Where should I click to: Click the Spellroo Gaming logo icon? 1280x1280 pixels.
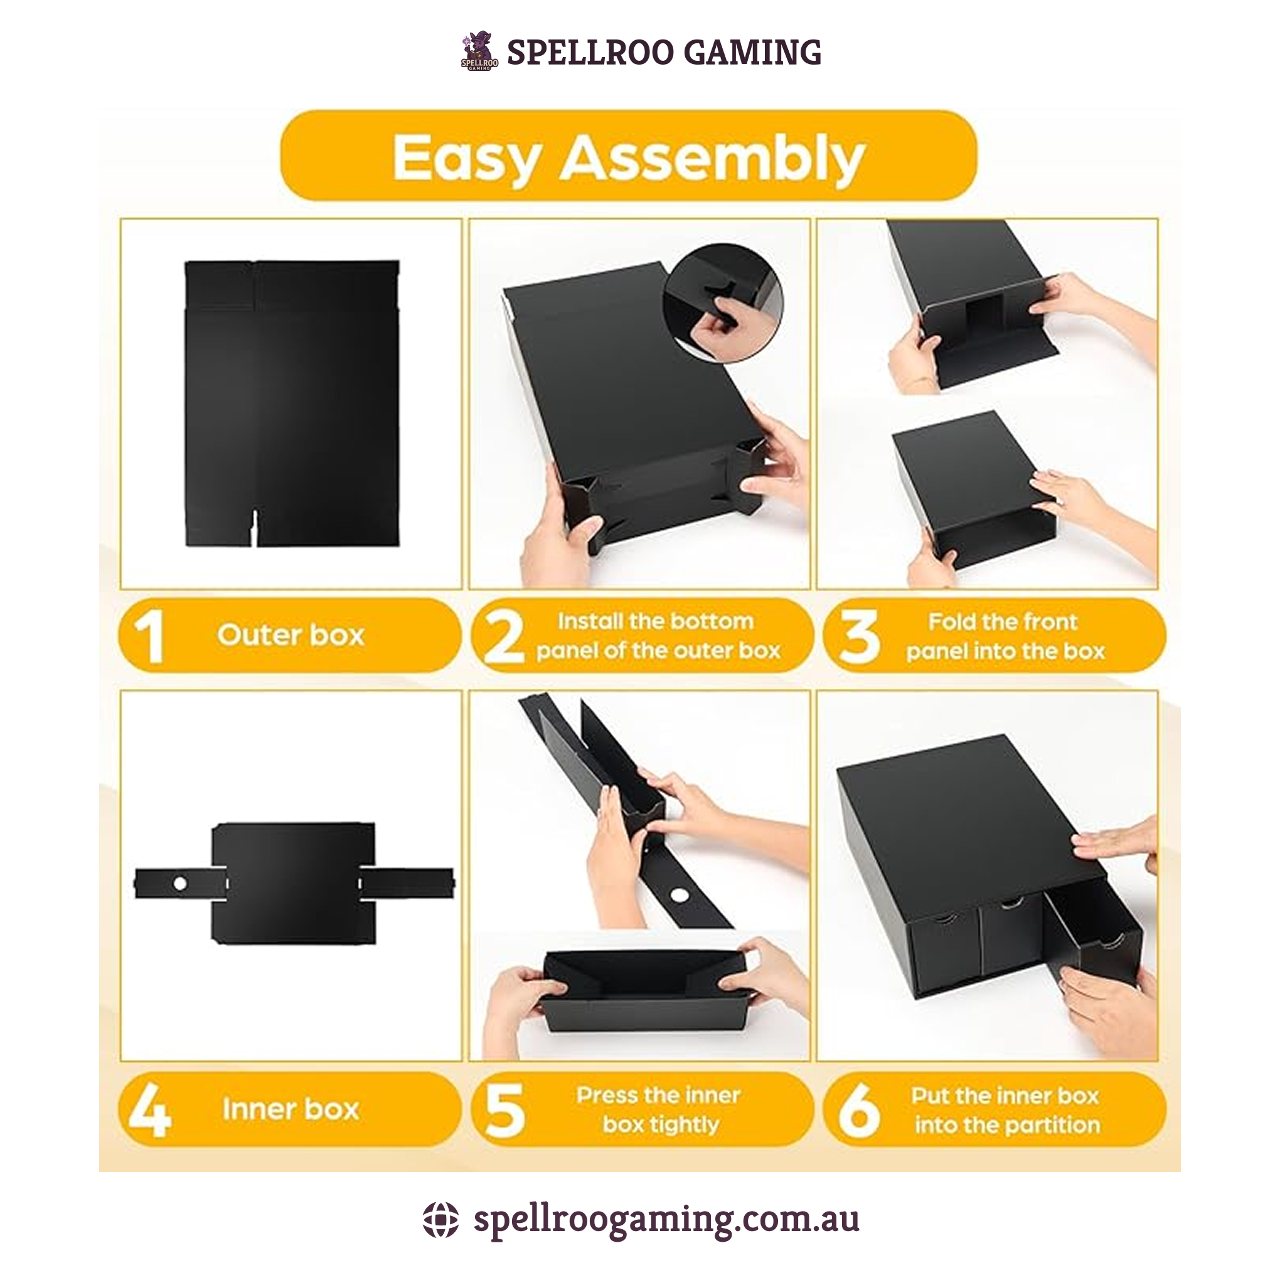click(x=479, y=51)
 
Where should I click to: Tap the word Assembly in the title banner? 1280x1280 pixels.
click(x=713, y=159)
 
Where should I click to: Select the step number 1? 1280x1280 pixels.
click(x=149, y=636)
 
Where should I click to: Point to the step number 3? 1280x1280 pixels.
click(x=860, y=636)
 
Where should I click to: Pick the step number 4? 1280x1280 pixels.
click(x=150, y=1111)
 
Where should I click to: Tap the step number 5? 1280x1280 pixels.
click(x=504, y=1111)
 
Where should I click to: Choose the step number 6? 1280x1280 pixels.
click(x=860, y=1111)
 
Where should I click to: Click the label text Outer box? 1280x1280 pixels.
click(x=291, y=636)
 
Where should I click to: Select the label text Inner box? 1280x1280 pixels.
click(x=291, y=1110)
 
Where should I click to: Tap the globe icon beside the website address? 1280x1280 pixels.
click(x=440, y=1220)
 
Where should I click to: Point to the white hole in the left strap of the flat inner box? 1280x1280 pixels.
click(x=179, y=883)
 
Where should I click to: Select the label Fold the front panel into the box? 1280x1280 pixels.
click(x=1005, y=636)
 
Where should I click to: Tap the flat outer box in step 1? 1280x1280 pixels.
click(x=292, y=403)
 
